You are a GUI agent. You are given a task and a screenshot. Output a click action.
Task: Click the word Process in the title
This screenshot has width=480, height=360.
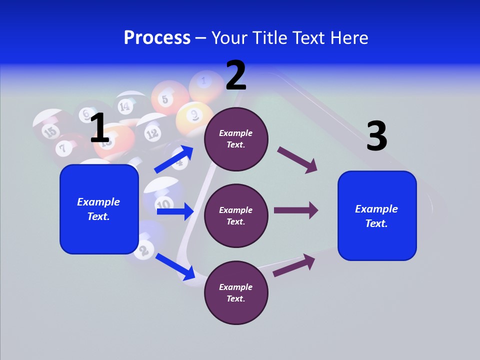(157, 37)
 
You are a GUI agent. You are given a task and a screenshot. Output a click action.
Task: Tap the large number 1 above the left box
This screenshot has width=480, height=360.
(99, 128)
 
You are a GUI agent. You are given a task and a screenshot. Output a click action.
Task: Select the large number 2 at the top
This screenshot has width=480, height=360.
(236, 75)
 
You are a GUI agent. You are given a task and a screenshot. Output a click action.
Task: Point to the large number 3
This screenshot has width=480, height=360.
(377, 136)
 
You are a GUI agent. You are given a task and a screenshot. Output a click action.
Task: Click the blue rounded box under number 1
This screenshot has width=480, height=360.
(99, 209)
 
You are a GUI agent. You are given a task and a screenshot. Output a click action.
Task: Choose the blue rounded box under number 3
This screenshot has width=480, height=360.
(377, 216)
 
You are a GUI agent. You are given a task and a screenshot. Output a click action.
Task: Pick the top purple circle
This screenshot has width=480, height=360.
(236, 138)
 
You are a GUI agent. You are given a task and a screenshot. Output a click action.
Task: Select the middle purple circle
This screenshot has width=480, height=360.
(236, 215)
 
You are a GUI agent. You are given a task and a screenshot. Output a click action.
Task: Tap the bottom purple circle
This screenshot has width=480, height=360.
(236, 292)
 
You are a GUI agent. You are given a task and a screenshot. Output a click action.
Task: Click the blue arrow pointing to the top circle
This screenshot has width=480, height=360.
(174, 159)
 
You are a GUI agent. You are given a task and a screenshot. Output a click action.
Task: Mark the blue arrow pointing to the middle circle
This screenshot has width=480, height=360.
(175, 211)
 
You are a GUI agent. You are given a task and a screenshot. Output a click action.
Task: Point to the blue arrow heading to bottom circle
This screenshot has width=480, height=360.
(175, 266)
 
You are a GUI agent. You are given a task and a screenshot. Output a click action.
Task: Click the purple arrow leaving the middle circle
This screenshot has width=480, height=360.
(296, 210)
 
